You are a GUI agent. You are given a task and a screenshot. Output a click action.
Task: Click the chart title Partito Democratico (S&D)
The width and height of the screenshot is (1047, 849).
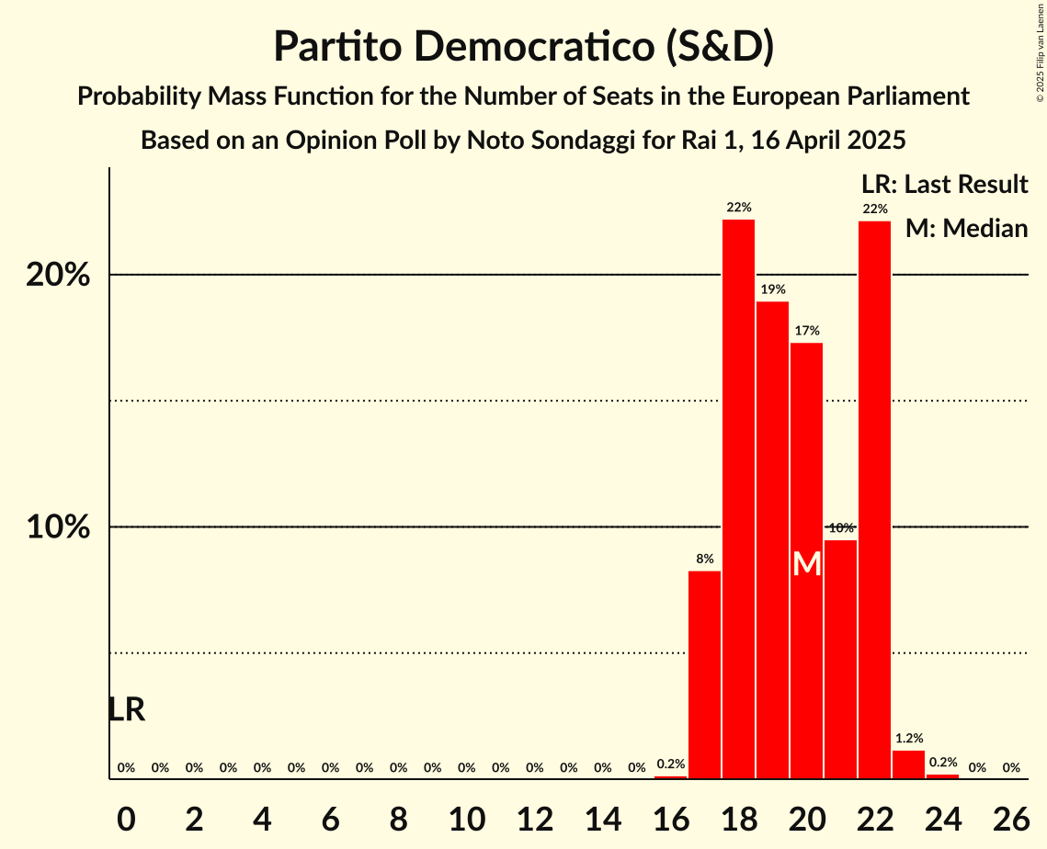click(523, 47)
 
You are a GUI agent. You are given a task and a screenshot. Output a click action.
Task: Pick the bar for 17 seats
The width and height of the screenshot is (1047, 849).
click(704, 674)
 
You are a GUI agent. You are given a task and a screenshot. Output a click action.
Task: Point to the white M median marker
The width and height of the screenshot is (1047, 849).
click(806, 564)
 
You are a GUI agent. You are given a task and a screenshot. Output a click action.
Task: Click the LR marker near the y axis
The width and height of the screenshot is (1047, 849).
click(126, 709)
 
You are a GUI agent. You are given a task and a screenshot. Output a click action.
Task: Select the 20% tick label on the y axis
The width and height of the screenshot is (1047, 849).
click(58, 275)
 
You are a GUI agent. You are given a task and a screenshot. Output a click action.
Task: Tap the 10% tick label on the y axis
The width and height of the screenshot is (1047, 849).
click(58, 527)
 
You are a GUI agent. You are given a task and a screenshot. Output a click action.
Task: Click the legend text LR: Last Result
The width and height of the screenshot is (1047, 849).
click(944, 185)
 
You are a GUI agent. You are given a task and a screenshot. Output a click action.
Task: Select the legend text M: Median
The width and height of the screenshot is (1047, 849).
click(965, 228)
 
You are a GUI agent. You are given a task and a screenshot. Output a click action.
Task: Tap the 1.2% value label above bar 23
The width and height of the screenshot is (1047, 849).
click(908, 738)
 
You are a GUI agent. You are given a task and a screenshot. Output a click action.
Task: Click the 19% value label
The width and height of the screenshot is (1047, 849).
click(772, 289)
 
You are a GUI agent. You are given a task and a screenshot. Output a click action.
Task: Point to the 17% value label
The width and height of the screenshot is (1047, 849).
click(806, 331)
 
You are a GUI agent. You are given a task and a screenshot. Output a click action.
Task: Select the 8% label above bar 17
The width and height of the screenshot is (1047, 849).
click(704, 559)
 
